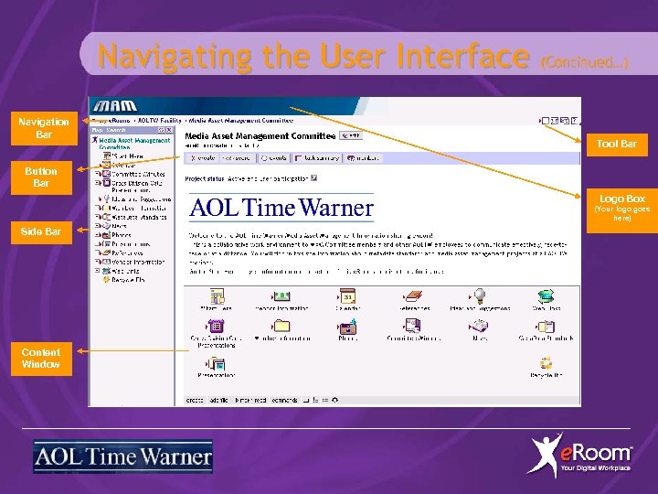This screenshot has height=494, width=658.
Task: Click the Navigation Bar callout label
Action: pos(44,128)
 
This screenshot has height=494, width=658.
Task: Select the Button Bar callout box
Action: pos(41,177)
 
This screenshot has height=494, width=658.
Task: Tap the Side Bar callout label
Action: pos(41,231)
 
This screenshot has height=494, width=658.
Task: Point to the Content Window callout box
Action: pos(41,358)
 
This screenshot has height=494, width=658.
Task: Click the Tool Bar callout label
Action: pos(616,144)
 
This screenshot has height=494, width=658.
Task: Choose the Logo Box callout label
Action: pos(621,199)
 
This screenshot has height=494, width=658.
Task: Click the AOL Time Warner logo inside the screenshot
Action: pos(281,208)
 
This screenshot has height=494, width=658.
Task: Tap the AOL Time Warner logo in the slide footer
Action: pos(122,456)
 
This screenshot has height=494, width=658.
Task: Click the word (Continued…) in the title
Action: pos(584,62)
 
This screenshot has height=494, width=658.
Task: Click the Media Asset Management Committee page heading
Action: pos(260,135)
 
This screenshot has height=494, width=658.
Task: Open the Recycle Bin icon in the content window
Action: pos(546,365)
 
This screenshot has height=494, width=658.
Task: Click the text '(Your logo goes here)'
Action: pos(621,213)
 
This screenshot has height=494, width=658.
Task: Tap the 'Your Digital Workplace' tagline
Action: pos(595,468)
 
